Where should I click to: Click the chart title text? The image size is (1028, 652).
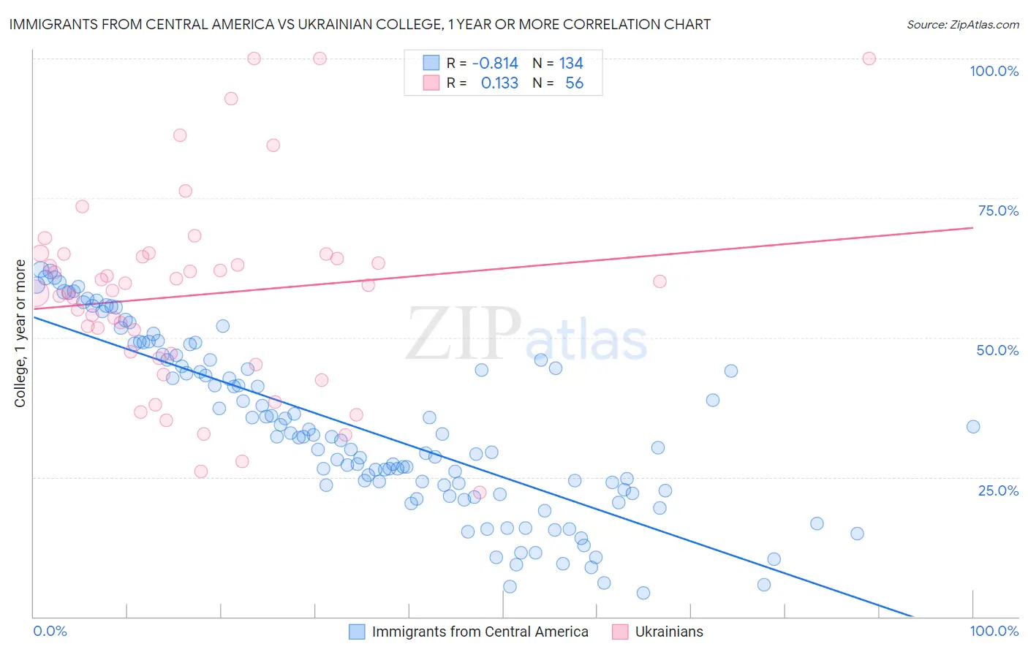click(x=360, y=24)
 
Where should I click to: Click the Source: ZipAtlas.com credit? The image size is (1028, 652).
click(x=962, y=25)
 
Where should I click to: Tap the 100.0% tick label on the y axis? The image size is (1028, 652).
click(x=994, y=71)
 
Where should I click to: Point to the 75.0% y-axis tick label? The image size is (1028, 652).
click(x=998, y=211)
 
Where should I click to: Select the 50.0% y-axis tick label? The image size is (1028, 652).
click(x=997, y=350)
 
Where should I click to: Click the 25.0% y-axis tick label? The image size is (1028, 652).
click(x=998, y=490)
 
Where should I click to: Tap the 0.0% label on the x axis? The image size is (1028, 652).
click(x=50, y=632)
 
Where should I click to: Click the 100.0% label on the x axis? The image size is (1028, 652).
click(x=994, y=632)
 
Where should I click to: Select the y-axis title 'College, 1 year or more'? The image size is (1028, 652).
click(x=20, y=333)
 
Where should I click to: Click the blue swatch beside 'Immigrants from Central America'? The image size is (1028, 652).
click(x=357, y=632)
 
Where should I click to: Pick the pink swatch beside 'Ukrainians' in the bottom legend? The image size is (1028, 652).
click(x=620, y=632)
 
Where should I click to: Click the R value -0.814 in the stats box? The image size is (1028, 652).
click(x=495, y=64)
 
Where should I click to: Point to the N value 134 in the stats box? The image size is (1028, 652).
click(x=571, y=64)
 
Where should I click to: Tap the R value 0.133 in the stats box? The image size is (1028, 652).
click(x=499, y=83)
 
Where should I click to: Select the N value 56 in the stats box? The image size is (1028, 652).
click(x=574, y=83)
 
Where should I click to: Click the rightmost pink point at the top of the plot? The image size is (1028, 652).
click(x=869, y=58)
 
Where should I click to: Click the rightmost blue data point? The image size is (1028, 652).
click(x=972, y=427)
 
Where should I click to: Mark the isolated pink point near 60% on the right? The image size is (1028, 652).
click(x=659, y=281)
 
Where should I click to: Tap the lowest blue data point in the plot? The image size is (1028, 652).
click(x=643, y=593)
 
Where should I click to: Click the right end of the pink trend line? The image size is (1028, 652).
click(x=972, y=228)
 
